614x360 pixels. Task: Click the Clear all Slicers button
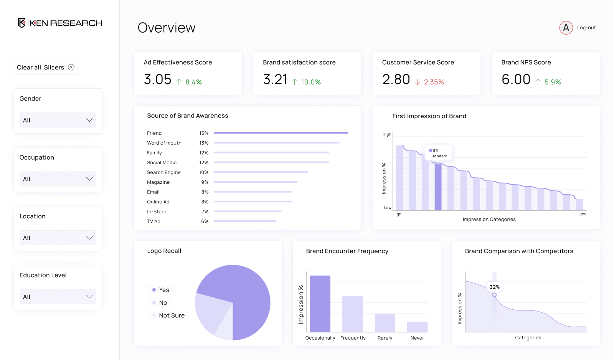45,67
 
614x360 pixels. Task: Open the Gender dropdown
58,120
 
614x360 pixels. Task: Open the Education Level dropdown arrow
89,297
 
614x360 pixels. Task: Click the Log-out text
586,28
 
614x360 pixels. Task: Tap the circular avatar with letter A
566,28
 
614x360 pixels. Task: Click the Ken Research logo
60,23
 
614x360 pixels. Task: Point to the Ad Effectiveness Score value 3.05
157,79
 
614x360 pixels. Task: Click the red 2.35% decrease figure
434,82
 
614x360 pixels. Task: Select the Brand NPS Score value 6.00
516,79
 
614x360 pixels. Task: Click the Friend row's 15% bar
281,133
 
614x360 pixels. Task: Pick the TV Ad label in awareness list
153,221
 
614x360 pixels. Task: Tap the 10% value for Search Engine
204,172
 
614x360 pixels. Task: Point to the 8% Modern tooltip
438,153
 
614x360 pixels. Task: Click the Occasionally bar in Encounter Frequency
320,304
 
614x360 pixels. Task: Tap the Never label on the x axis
417,338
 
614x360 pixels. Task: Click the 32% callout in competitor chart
494,287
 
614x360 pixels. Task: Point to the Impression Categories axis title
489,220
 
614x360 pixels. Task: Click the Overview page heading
167,28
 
